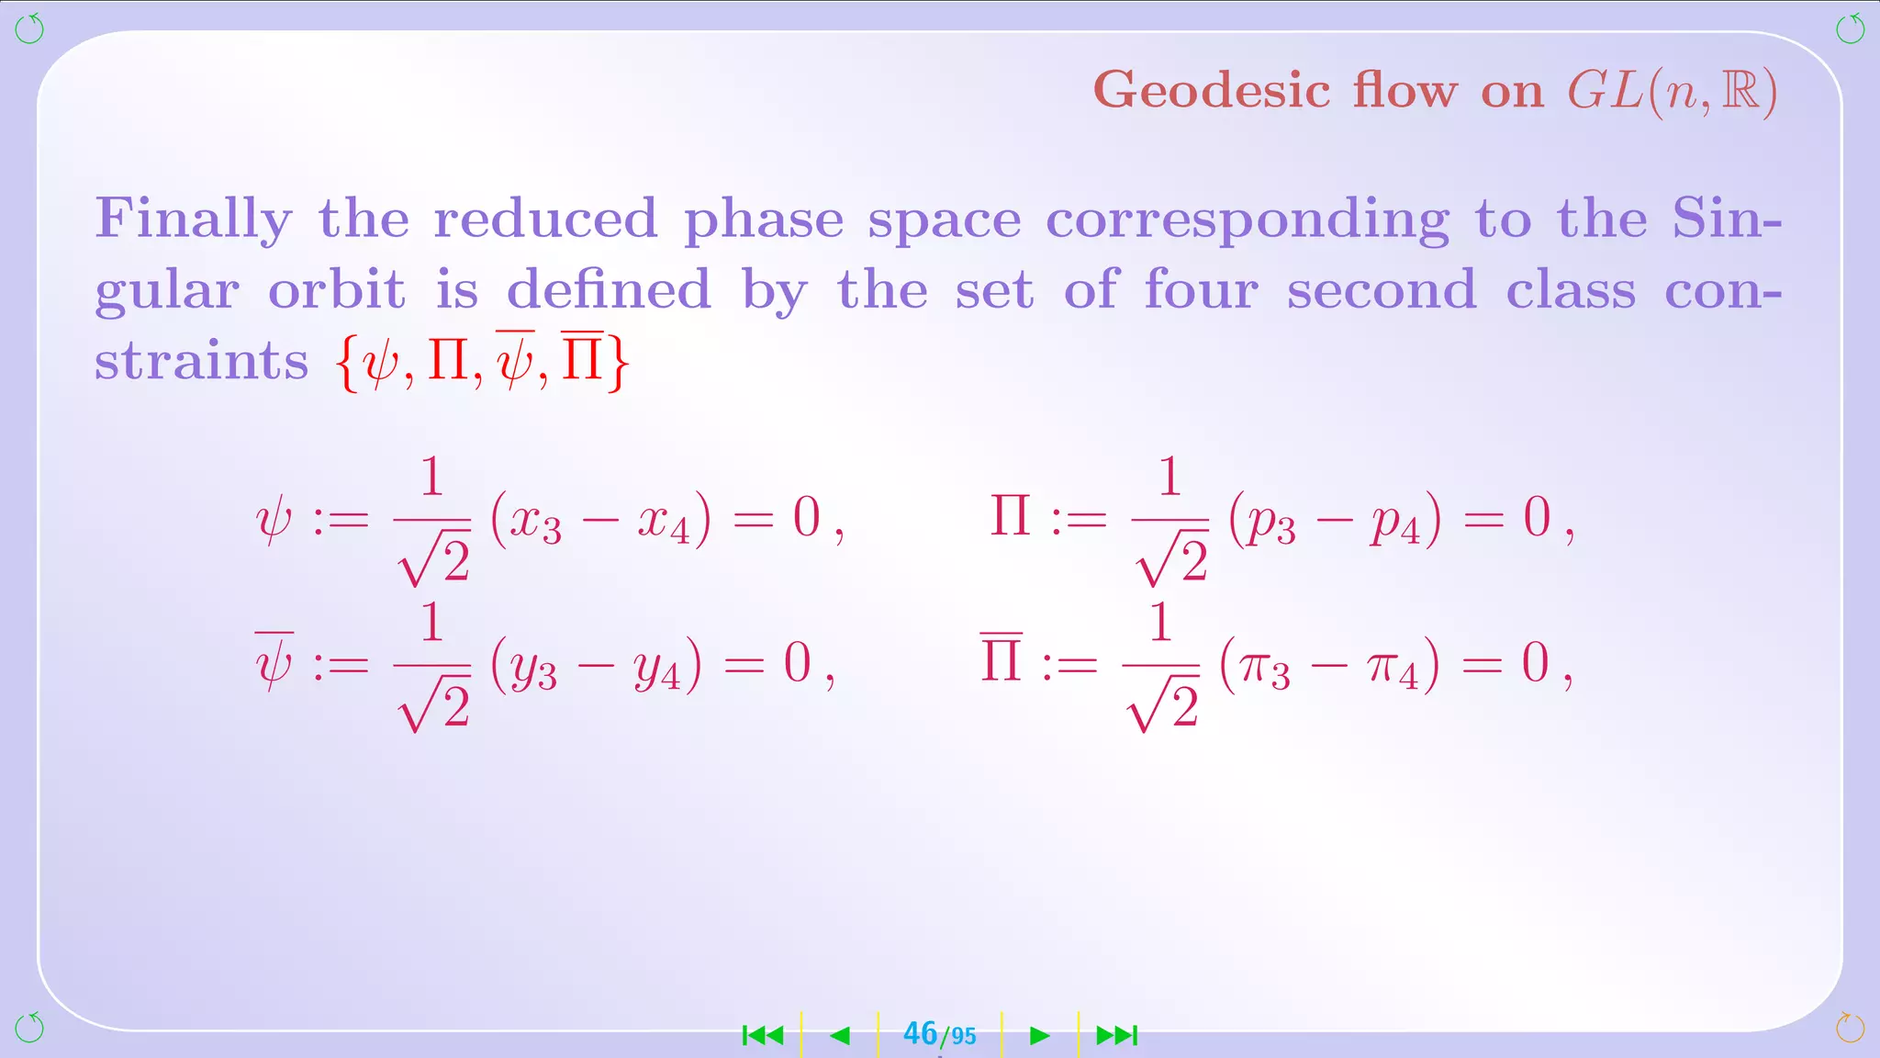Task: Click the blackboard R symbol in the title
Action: (1740, 91)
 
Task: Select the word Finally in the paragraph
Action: (194, 220)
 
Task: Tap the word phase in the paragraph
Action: (763, 220)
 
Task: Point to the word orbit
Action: (336, 290)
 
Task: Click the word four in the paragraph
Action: (1201, 290)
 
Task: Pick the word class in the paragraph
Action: (1571, 290)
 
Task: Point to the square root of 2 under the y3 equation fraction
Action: (434, 705)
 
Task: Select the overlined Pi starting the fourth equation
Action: (1001, 659)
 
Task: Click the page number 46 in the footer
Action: (920, 1034)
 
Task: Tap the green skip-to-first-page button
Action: (763, 1036)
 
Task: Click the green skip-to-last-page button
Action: (1117, 1036)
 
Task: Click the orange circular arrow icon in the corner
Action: (1850, 1028)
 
